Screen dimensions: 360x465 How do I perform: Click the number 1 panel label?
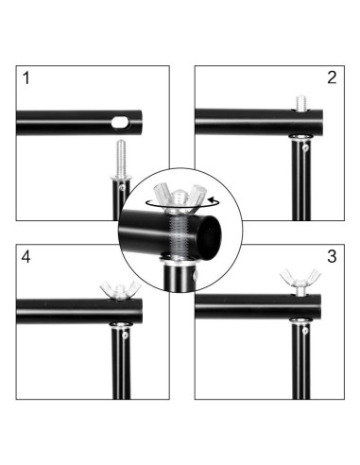[26, 78]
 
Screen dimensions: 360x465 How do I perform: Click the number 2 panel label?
[332, 77]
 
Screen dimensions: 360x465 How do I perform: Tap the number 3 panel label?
[332, 256]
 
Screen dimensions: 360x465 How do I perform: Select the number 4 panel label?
[26, 257]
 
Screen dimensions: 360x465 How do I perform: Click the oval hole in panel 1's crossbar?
[121, 122]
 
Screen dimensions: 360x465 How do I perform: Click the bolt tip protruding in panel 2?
[300, 103]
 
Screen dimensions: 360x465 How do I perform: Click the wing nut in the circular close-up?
[179, 197]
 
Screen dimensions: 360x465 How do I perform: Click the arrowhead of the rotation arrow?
[211, 199]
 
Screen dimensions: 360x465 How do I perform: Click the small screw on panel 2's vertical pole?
[305, 147]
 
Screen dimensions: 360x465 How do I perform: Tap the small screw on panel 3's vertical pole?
[305, 330]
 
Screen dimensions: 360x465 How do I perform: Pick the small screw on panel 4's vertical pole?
[125, 336]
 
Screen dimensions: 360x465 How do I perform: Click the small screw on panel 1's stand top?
[123, 188]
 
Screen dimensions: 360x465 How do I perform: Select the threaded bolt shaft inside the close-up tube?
[179, 233]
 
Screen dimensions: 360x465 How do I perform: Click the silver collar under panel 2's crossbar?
[300, 137]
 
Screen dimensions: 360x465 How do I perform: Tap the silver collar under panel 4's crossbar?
[121, 325]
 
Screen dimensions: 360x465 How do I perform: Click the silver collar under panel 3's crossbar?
[300, 320]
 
